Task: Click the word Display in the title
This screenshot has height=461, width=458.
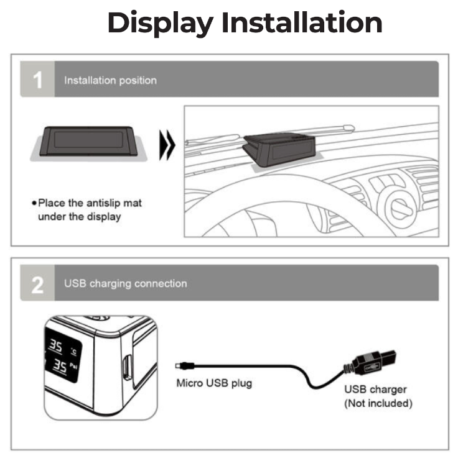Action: click(x=161, y=24)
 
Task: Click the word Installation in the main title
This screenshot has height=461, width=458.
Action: click(x=302, y=22)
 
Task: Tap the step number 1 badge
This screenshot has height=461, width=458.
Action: click(x=37, y=79)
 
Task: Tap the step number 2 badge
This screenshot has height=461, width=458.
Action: click(x=37, y=283)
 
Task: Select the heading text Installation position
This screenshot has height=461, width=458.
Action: click(x=110, y=80)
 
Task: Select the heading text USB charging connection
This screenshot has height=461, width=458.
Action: click(x=126, y=284)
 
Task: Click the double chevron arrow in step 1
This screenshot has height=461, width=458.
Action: click(x=167, y=145)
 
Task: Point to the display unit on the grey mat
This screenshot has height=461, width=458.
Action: click(x=88, y=141)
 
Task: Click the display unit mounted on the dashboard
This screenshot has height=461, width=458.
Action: click(x=279, y=149)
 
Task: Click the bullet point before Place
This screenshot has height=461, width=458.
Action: click(x=34, y=203)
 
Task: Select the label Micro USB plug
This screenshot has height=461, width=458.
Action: click(x=214, y=383)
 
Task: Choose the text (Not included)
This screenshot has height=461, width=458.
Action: click(x=378, y=403)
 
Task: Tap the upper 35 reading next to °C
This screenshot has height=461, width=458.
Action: click(x=56, y=345)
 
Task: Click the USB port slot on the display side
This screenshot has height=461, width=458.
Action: click(x=127, y=367)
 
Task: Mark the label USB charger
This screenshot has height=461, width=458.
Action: click(x=375, y=390)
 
